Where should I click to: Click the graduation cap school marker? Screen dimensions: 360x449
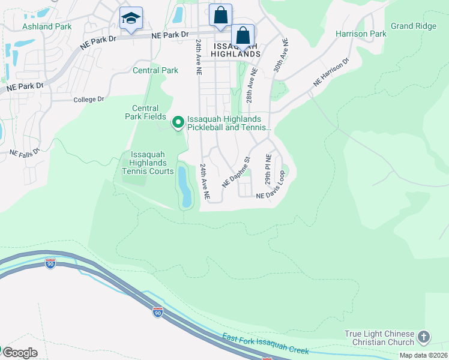click(131, 19)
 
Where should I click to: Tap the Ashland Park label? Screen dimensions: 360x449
click(47, 26)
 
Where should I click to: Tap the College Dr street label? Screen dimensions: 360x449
click(89, 99)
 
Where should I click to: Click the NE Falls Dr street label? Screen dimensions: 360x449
click(25, 152)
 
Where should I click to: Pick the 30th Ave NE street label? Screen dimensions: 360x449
click(280, 56)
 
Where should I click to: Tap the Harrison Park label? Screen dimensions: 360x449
click(361, 34)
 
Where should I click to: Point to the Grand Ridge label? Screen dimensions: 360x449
click(413, 26)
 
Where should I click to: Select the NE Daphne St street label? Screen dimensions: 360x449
click(235, 172)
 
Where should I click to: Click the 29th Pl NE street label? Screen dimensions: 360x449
click(268, 170)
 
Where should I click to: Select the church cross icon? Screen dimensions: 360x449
click(424, 338)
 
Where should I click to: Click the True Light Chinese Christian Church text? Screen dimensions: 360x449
click(379, 338)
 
